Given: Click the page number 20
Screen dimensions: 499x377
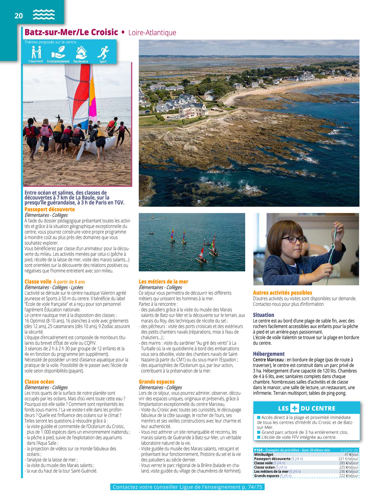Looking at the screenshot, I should point(19,16).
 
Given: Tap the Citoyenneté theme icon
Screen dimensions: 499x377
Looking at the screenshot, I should point(36,52).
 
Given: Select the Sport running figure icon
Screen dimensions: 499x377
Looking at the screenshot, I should point(103,52).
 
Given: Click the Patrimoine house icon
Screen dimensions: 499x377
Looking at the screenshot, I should point(81,52).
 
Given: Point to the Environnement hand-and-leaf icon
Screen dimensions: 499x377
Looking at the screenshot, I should point(58,52).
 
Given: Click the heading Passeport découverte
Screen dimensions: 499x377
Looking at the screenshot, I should point(49,209).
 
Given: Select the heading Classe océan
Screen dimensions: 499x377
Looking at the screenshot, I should point(39,382).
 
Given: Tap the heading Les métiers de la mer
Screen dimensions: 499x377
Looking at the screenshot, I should point(163,282).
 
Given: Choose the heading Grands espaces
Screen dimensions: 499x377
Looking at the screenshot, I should point(156,382).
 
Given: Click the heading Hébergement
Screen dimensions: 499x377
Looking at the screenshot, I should point(268,354).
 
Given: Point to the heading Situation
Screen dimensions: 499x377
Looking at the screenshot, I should point(263,315).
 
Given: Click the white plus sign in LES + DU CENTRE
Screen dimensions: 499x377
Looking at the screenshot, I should point(294,408).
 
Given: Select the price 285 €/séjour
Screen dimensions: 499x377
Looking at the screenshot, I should point(349,463).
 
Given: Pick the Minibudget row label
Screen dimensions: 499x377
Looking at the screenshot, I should point(264,455).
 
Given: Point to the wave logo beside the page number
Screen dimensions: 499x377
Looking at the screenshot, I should point(44,15).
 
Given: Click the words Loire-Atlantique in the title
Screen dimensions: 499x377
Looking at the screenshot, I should point(152,33).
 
